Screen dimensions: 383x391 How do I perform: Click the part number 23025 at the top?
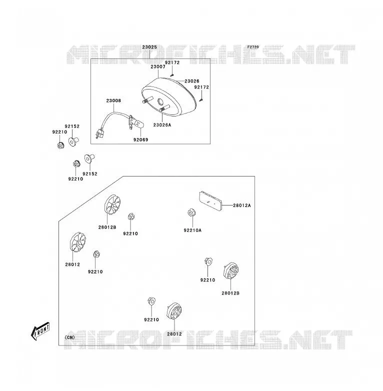(149, 47)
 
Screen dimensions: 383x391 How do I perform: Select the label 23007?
(158, 66)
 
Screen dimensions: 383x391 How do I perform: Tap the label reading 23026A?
(162, 125)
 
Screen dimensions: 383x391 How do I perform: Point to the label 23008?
(113, 100)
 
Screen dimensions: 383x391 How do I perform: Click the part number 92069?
(141, 139)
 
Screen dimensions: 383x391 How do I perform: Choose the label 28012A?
(242, 205)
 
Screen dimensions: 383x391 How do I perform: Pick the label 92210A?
(192, 230)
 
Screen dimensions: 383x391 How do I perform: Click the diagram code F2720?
(253, 47)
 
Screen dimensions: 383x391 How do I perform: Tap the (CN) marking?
(70, 337)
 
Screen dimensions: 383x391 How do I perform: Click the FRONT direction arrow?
(40, 331)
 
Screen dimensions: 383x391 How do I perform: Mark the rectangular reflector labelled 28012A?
(210, 200)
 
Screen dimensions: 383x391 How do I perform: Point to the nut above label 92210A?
(191, 212)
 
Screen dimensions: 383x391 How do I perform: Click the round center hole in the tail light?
(160, 101)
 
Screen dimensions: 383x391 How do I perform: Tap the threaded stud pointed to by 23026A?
(164, 108)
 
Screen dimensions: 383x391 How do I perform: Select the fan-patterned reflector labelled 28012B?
(112, 204)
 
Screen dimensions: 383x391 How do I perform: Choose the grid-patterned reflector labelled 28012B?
(231, 271)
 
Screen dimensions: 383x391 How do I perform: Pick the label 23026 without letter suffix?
(192, 81)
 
